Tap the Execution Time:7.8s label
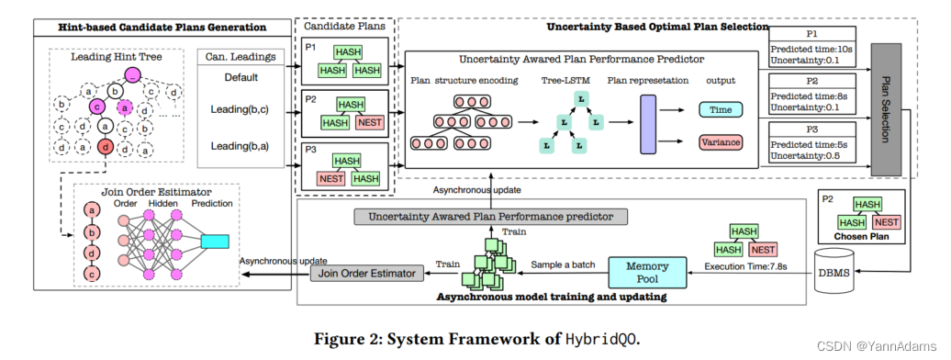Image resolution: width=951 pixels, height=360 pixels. [745, 266]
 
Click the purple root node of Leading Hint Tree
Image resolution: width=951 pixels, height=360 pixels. [132, 74]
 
